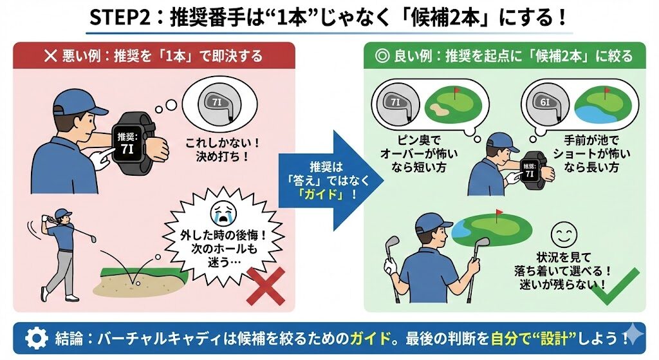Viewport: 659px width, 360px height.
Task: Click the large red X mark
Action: pyautogui.click(x=266, y=286)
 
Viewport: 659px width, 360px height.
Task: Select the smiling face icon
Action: pyautogui.click(x=564, y=235)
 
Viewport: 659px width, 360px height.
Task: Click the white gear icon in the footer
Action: pyautogui.click(x=37, y=337)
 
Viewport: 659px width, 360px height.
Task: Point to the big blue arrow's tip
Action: pyautogui.click(x=384, y=181)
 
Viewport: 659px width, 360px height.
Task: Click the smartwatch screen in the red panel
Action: pyautogui.click(x=127, y=144)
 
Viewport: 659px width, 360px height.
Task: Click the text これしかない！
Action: pyautogui.click(x=223, y=143)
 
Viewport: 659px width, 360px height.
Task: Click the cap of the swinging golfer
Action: pyautogui.click(x=62, y=213)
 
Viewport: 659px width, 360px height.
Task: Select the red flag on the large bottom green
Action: pyautogui.click(x=499, y=213)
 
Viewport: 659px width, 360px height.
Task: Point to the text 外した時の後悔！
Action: pyautogui.click(x=223, y=235)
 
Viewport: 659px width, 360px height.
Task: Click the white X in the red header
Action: pyautogui.click(x=50, y=56)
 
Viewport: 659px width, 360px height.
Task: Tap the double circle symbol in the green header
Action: pyautogui.click(x=382, y=56)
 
